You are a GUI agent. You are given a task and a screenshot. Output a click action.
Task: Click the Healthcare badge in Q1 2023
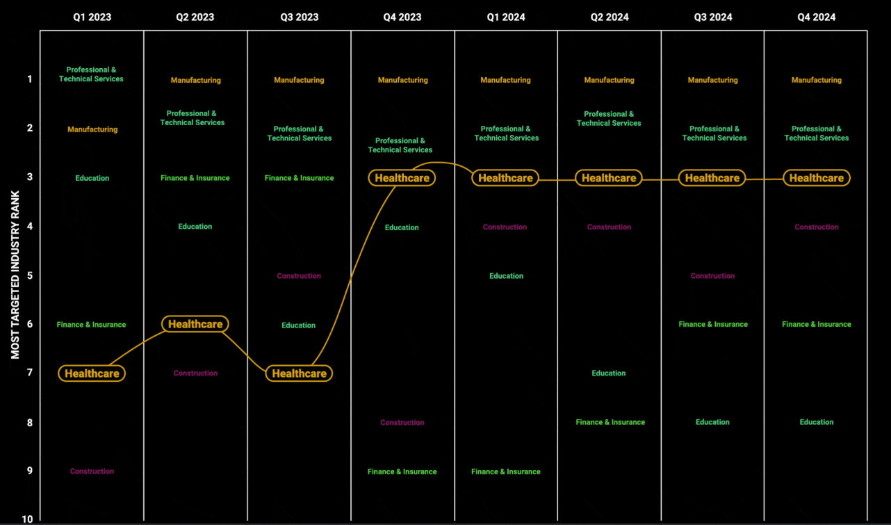[x=92, y=373]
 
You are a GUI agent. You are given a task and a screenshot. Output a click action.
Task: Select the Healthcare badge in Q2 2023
[x=195, y=324]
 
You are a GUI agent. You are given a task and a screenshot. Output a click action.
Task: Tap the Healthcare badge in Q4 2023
[x=402, y=178]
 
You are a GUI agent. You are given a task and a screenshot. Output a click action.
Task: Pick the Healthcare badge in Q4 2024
[x=817, y=178]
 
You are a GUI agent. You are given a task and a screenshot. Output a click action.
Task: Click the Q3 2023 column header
[x=299, y=17]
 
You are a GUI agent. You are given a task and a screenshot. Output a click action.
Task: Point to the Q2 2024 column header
[x=609, y=17]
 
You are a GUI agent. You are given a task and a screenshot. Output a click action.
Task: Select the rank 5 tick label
[x=30, y=275]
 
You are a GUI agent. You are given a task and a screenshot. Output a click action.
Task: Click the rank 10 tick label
[x=27, y=519]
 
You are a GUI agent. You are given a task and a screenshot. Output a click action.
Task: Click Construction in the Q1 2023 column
[x=92, y=471]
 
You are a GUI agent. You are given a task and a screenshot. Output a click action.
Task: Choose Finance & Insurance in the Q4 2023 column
[x=402, y=471]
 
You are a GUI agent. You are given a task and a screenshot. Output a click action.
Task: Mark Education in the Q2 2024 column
[x=609, y=373]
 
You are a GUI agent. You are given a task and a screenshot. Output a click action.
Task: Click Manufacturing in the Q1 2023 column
[x=92, y=129]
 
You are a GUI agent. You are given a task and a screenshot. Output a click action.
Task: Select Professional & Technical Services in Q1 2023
[x=91, y=74]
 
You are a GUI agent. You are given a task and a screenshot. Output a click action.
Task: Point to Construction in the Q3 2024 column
[x=712, y=276]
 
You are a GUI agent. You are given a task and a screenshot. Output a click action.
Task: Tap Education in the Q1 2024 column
[x=506, y=276]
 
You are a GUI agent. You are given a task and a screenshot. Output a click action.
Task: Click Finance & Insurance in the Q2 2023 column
[x=195, y=178]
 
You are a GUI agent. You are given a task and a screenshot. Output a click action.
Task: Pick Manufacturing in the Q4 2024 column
[x=817, y=80]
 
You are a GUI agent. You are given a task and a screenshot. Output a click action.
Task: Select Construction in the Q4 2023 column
[x=402, y=423]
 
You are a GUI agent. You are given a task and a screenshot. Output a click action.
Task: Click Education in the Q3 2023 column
[x=298, y=325]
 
